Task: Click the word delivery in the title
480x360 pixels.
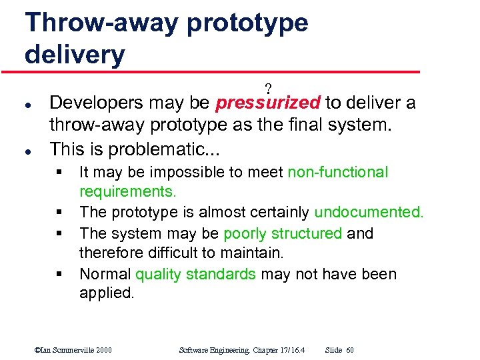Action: coord(75,54)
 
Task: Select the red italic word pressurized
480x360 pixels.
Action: coord(269,103)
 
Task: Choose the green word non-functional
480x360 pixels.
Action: coord(337,172)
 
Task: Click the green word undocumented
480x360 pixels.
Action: coord(369,213)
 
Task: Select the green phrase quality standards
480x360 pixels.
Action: coord(196,274)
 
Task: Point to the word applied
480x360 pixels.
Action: coord(106,293)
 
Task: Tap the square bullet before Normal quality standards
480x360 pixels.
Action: coord(61,275)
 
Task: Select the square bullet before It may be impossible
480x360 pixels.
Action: coord(61,173)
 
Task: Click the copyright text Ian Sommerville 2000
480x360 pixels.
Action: coord(73,350)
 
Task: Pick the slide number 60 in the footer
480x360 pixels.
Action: coord(350,350)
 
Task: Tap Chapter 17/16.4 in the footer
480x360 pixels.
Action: coord(274,350)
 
